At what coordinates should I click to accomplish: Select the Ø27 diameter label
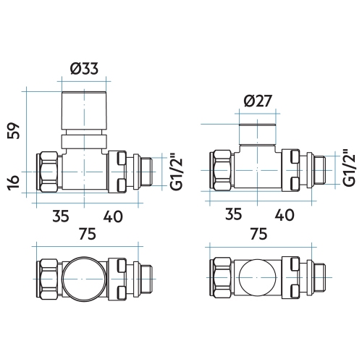[x=258, y=101]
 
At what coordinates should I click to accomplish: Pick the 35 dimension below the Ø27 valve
[x=233, y=215]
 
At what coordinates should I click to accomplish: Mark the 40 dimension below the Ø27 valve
[x=284, y=215]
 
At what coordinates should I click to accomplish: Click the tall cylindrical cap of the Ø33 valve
[x=84, y=111]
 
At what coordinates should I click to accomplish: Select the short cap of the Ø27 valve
[x=258, y=132]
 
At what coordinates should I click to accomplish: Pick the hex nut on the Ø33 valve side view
[x=48, y=171]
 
